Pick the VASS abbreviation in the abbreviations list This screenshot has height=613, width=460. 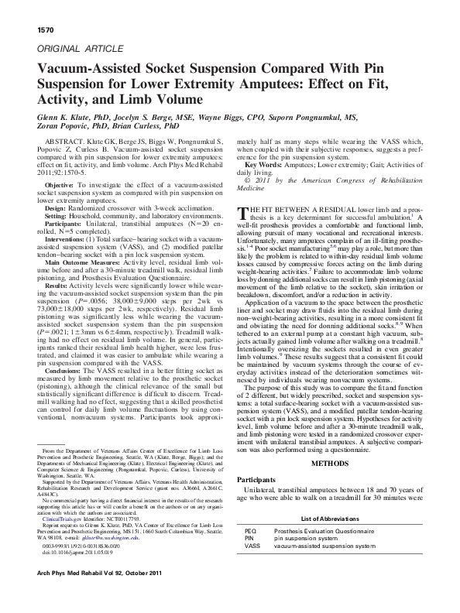click(x=252, y=546)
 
